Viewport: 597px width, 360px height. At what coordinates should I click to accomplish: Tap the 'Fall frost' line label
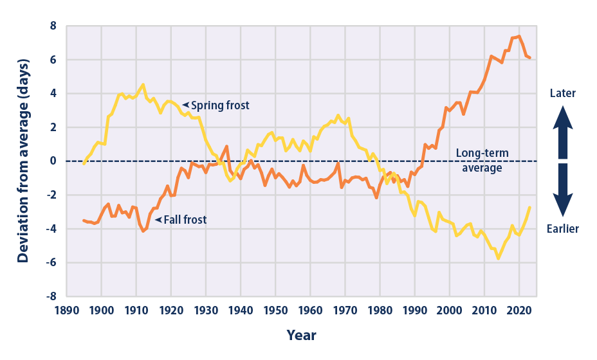[185, 220]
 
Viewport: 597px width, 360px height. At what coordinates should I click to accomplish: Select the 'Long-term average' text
[482, 160]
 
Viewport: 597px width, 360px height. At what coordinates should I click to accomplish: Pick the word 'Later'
[563, 94]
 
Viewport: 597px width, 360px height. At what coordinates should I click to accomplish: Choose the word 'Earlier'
[563, 229]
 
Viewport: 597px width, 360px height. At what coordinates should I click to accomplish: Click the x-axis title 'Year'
[301, 336]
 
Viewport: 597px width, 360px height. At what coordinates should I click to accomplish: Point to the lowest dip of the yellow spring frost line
[498, 258]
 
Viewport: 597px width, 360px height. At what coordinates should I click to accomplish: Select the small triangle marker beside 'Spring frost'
[185, 104]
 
